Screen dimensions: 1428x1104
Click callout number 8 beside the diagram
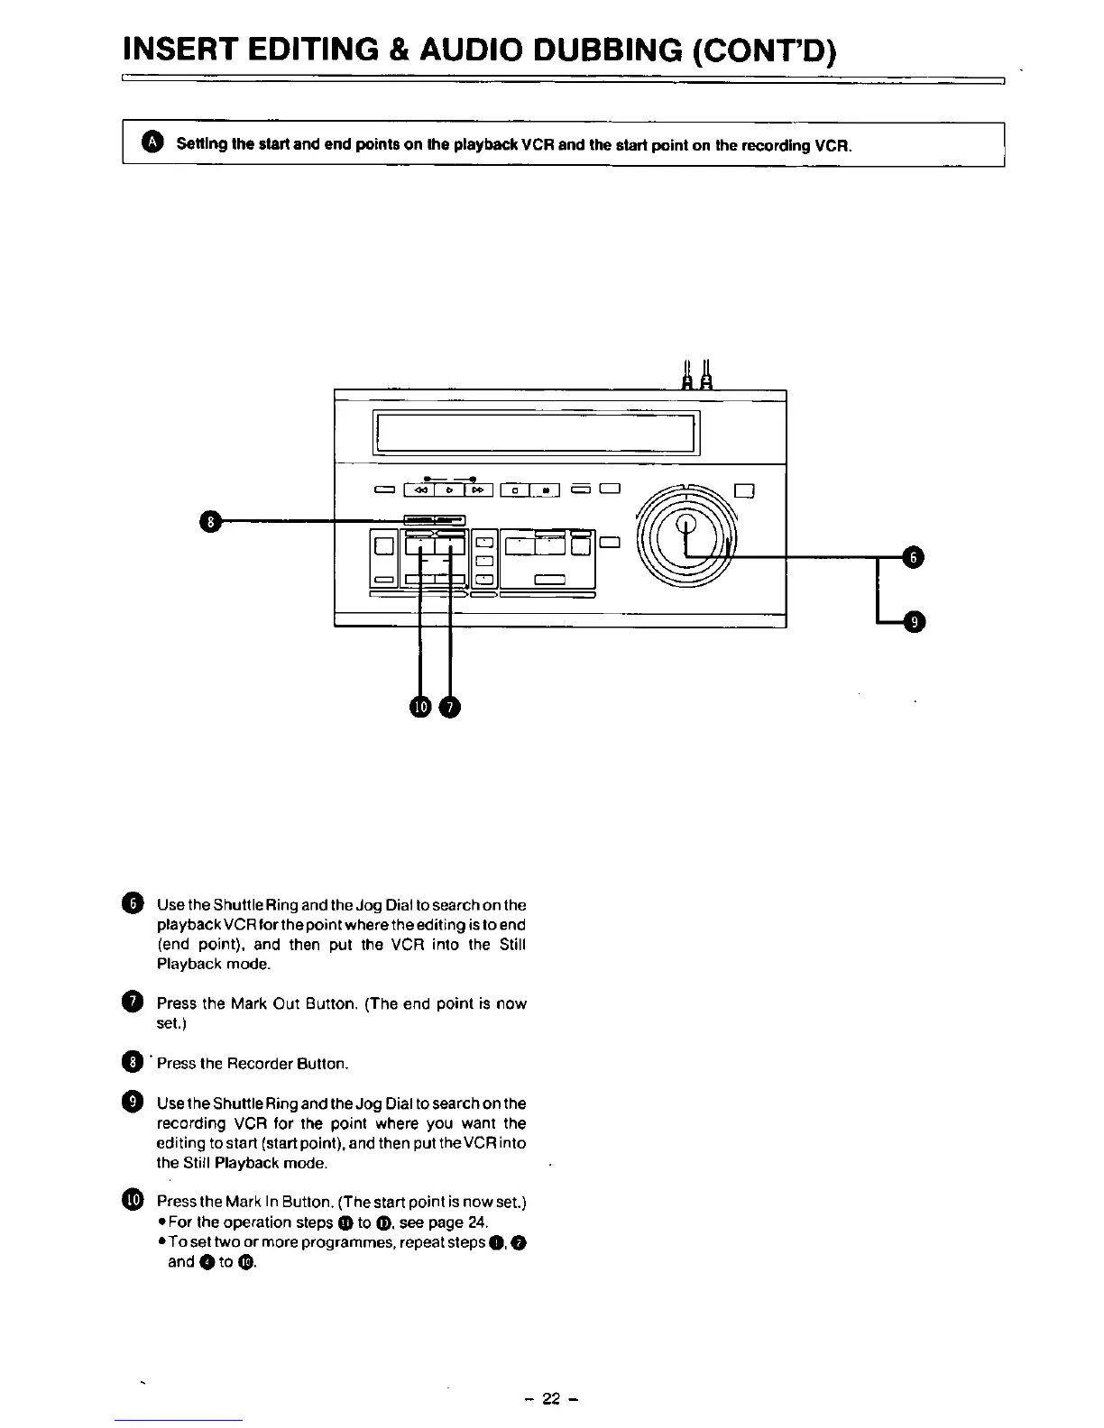(210, 521)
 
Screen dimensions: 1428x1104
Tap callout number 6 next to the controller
(913, 559)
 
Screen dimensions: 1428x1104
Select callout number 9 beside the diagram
(913, 622)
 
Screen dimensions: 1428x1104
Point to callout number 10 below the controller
(420, 707)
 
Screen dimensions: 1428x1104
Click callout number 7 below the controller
(449, 707)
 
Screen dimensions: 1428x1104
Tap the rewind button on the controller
(420, 490)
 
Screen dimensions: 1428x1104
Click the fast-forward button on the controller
(478, 490)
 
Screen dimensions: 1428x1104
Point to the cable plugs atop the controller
(697, 375)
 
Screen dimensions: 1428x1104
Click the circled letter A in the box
(154, 143)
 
